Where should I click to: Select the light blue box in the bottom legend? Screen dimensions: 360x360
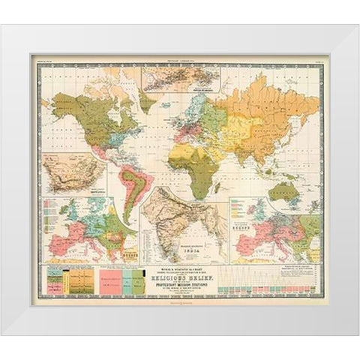pyautogui.click(x=118, y=283)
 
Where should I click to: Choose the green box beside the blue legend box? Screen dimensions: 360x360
pyautogui.click(x=131, y=283)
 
